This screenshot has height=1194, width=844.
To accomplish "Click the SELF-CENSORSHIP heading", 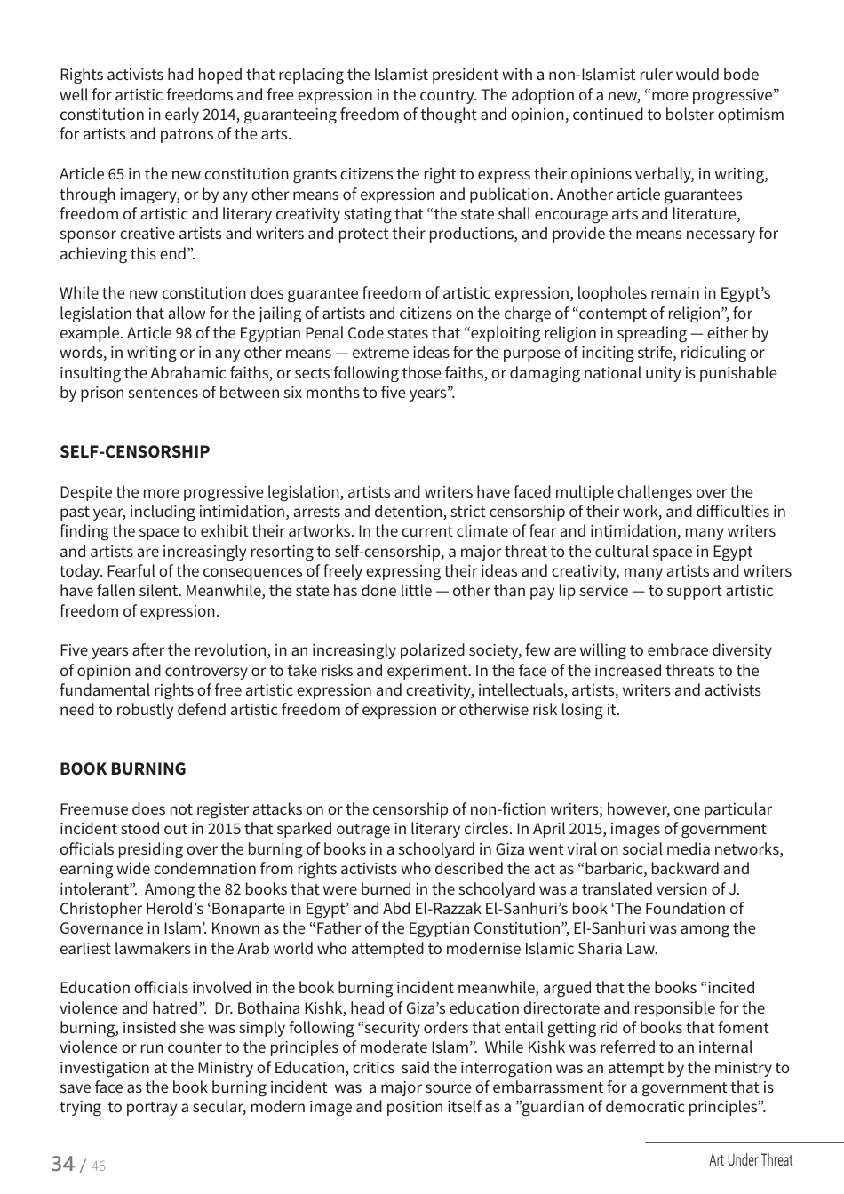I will pos(135,451).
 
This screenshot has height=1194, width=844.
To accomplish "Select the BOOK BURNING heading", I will pos(123,768).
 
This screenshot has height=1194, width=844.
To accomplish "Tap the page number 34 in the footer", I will pos(62,1163).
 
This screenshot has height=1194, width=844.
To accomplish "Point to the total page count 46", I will pos(97,1166).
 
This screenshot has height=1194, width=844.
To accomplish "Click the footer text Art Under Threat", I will pos(750,1160).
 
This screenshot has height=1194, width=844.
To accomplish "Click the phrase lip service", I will pos(592,591).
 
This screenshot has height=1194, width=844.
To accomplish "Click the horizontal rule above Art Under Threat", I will pos(744,1142).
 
